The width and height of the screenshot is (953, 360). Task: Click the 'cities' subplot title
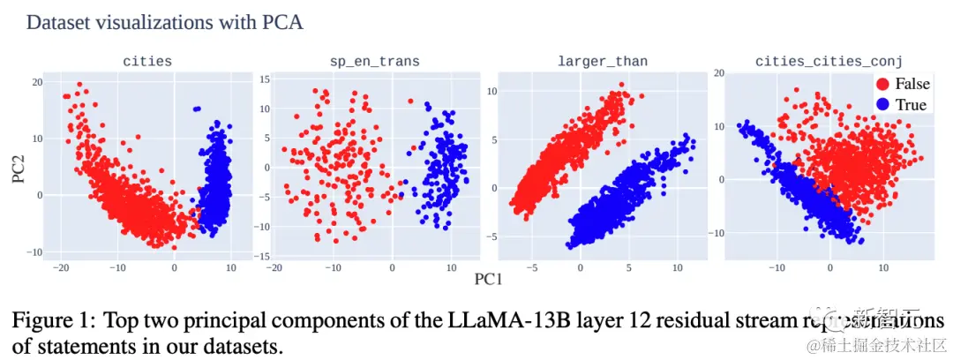[146, 61]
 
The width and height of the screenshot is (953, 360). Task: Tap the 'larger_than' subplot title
[602, 61]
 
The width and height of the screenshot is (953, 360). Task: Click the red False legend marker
[882, 84]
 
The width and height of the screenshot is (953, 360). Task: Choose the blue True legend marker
[882, 105]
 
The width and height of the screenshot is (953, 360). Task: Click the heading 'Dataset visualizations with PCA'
[165, 22]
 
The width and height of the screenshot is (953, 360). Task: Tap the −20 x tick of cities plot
[61, 266]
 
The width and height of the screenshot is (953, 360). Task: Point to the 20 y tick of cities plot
[38, 82]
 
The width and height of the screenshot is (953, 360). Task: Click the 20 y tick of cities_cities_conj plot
[719, 72]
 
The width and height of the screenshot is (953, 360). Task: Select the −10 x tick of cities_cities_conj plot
[777, 266]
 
